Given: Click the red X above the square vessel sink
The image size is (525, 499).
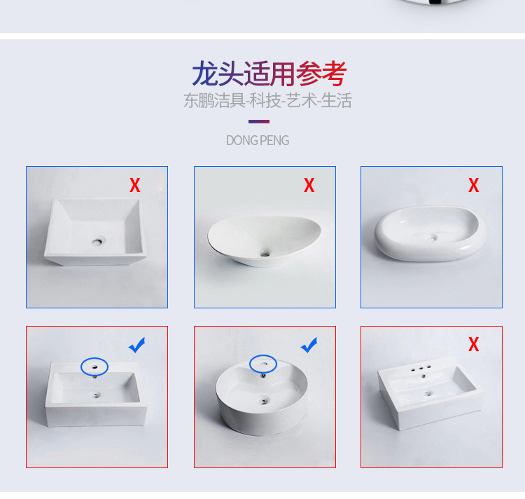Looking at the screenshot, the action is coord(135,185).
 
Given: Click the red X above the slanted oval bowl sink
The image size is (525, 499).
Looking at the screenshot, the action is coord(309,185).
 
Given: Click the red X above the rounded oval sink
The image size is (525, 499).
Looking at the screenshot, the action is coord(473,185).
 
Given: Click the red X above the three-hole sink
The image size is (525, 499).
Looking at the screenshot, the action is coord(473,344).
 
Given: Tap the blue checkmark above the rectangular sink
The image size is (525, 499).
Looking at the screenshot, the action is coord(137,345).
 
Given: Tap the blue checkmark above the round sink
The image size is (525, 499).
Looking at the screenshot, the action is coord(309,345).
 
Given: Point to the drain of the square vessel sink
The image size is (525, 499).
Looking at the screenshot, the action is coord(97,241).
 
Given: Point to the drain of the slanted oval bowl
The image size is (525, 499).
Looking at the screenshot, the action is coord(265,254).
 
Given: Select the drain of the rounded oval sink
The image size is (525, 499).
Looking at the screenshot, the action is coord(431,238).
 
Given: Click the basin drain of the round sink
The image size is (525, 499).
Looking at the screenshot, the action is coord(264,399).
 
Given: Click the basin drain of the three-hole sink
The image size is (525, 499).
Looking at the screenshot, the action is coord(428,393).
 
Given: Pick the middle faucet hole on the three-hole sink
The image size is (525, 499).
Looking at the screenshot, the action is coord(421,369).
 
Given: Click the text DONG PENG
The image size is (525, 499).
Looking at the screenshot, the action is coord(258,140).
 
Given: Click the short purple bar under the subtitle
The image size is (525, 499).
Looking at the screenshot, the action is coord(259,122).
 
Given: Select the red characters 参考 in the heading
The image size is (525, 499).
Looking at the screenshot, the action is coord(321,74).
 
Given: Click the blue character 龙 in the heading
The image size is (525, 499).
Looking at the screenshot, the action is coord(204,74).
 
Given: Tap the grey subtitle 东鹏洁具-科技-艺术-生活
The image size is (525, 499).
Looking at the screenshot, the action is coord(267,100).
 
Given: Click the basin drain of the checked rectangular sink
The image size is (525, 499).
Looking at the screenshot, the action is coord(96,395).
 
